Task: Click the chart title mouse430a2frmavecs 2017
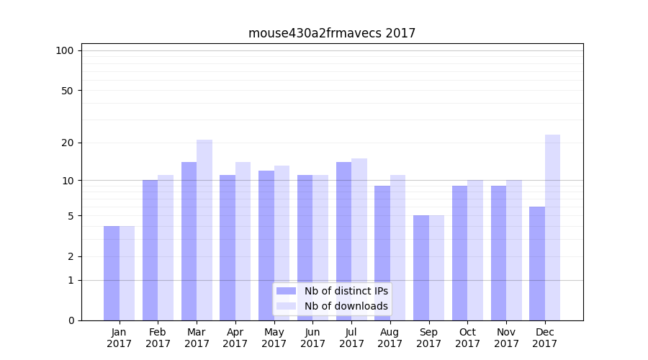[x=332, y=33]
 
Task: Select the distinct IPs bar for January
[x=112, y=274]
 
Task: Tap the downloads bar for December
[x=552, y=228]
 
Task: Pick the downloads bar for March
[x=204, y=230]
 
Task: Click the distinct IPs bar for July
[x=343, y=241]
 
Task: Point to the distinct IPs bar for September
[x=421, y=268]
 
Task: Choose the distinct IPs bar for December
[x=537, y=264]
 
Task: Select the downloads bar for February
[x=166, y=248]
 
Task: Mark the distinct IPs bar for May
[x=266, y=246]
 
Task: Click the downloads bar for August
[x=397, y=248]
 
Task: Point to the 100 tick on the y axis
[x=65, y=50]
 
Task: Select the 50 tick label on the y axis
[x=67, y=91]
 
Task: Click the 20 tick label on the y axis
[x=67, y=143]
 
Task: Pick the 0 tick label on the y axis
[x=71, y=320]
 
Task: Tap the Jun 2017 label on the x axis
[x=312, y=338]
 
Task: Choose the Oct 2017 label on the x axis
[x=467, y=338]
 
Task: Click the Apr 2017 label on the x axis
[x=235, y=338]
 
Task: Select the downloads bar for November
[x=514, y=251]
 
